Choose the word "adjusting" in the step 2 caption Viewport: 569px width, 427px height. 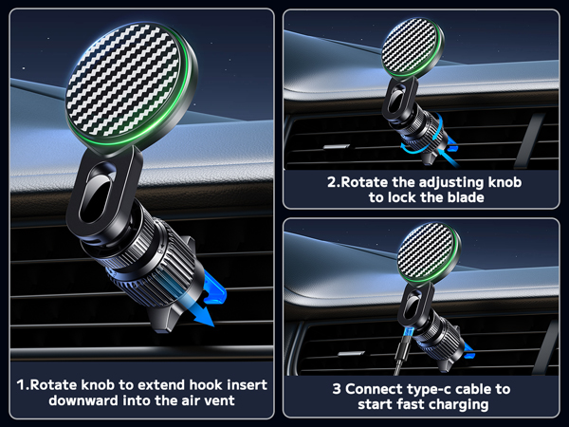[x=444, y=181]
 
